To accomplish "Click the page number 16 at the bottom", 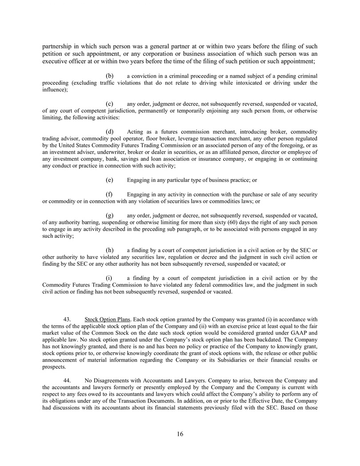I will [x=180, y=434].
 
